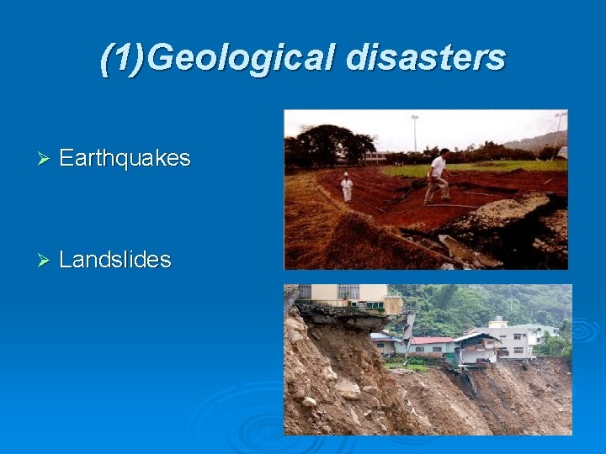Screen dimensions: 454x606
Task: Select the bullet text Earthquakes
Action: (125, 158)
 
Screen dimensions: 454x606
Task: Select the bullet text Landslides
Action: (115, 260)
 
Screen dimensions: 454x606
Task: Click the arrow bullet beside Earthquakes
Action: (46, 158)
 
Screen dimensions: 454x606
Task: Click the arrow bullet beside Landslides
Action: (46, 260)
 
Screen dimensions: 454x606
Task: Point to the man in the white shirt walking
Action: (438, 177)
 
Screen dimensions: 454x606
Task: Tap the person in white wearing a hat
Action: (347, 187)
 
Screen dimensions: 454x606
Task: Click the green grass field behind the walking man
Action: (488, 167)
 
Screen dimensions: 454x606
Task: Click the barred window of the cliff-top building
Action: (348, 292)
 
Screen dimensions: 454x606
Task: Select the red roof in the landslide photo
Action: (431, 340)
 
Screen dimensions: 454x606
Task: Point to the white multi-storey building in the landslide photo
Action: (513, 339)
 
